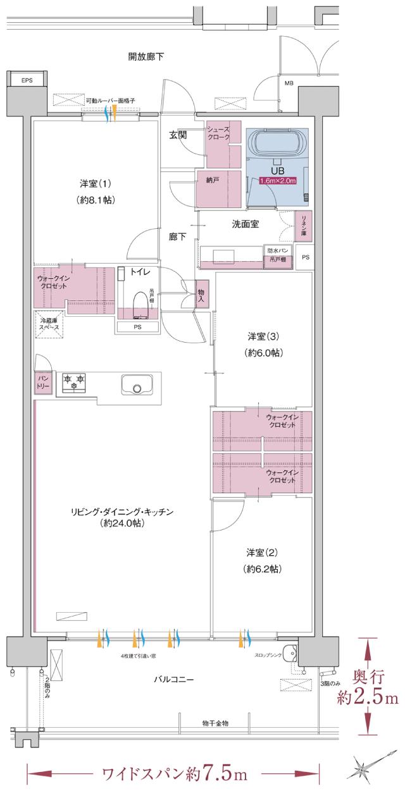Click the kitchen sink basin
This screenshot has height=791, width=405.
[137, 384]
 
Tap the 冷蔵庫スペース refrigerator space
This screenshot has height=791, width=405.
[49, 326]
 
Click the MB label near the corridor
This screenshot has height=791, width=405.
[289, 83]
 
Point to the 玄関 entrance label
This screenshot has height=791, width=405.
[178, 135]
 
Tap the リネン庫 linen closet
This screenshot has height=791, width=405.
[304, 225]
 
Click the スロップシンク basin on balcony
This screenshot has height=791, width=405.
[290, 653]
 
